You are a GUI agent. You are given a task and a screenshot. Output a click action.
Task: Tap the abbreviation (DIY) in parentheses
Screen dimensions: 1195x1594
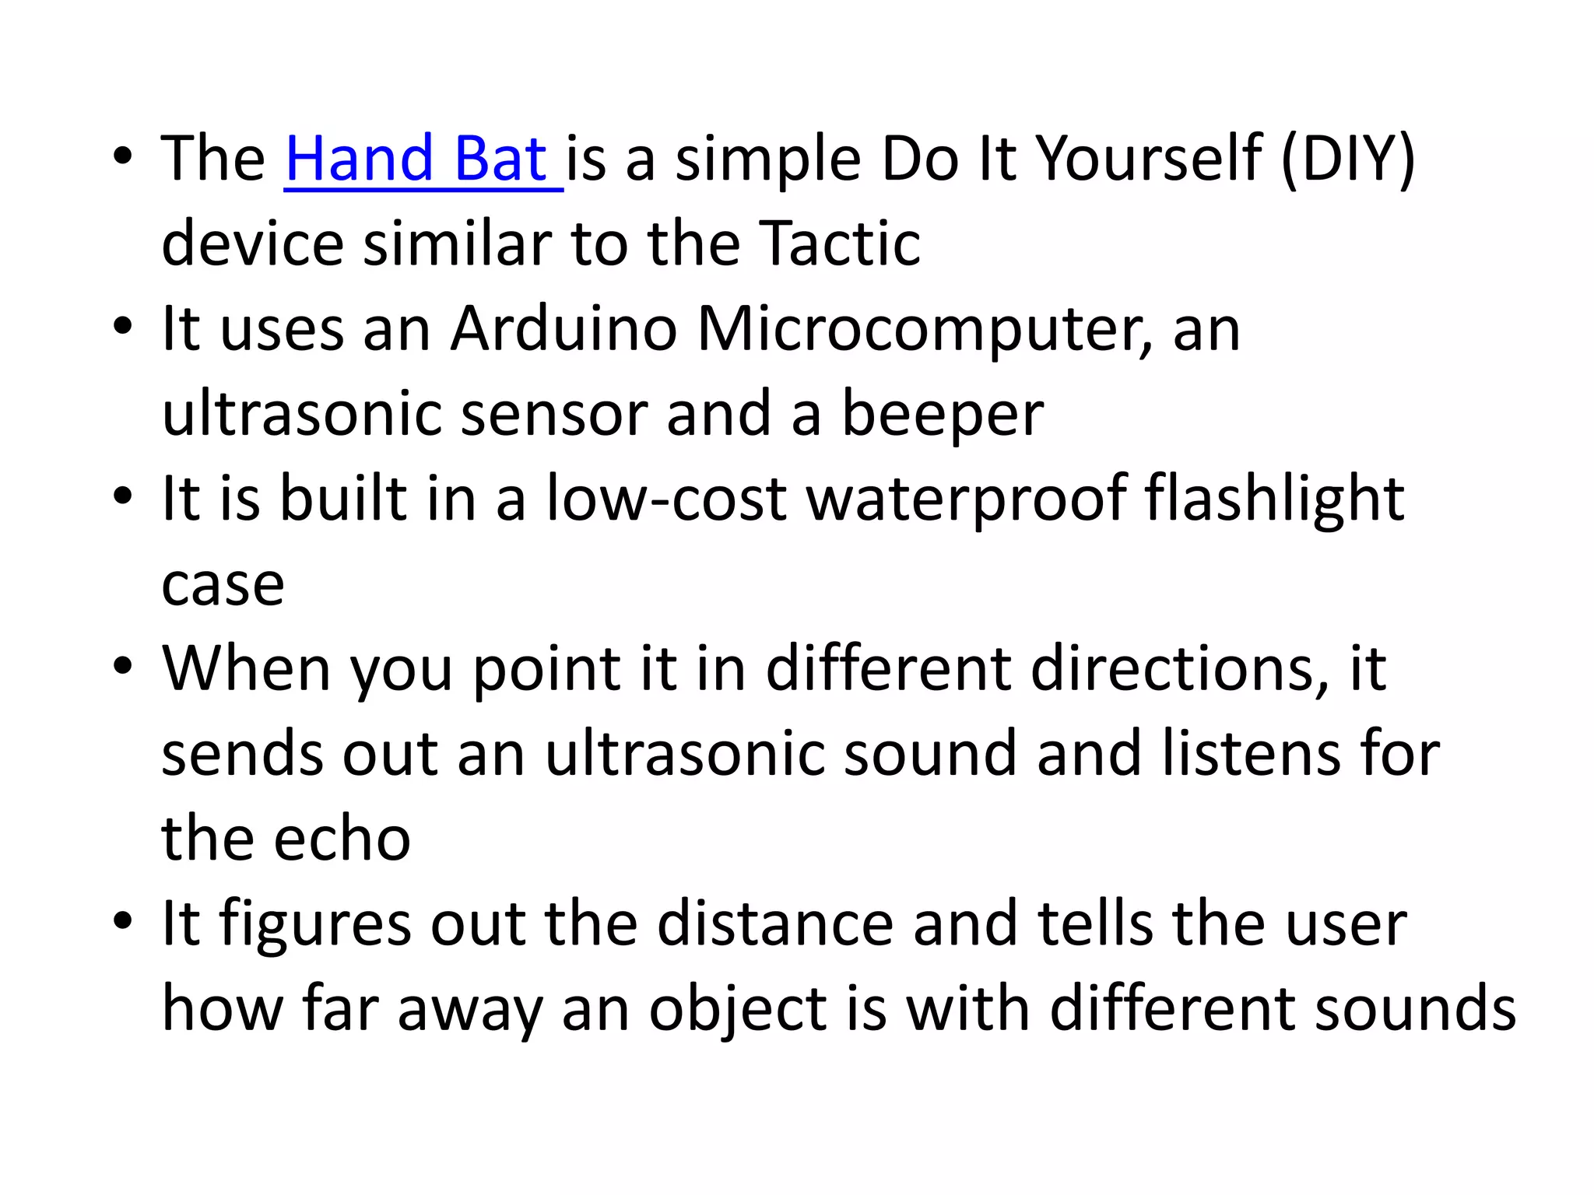[x=1347, y=159]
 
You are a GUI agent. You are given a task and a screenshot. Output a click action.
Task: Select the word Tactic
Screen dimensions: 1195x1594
[x=839, y=244]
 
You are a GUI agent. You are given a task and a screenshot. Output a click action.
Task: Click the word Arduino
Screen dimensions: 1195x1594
[x=564, y=329]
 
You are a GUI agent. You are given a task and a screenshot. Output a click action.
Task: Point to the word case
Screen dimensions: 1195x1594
[x=223, y=586]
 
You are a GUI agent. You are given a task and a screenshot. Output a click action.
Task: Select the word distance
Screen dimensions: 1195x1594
[x=775, y=924]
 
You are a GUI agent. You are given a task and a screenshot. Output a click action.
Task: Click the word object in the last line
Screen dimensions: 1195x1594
[x=738, y=1011]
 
